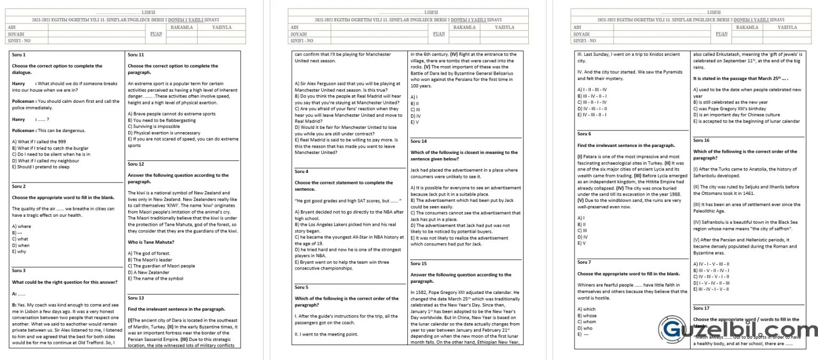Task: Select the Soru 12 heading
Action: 136,164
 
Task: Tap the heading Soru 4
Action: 301,171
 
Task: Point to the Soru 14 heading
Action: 419,141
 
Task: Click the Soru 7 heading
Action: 584,262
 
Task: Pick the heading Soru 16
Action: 701,141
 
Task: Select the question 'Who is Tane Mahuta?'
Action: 151,242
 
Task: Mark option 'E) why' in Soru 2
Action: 19,252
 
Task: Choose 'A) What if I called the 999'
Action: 39,142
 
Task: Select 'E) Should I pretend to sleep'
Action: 40,167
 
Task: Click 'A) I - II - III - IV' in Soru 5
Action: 592,89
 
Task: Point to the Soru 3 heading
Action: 19,271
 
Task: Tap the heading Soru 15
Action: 419,264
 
